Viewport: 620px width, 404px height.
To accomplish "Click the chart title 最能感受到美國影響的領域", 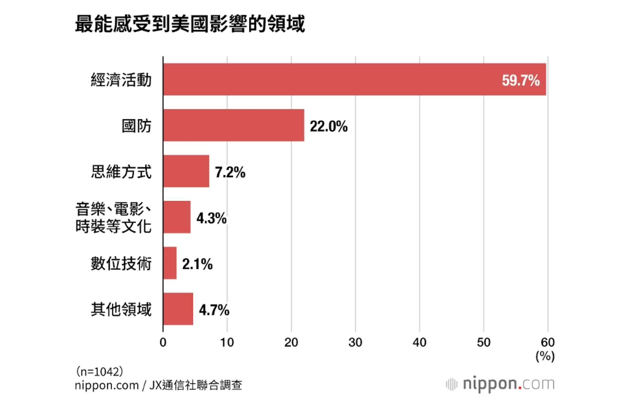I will tap(190, 24).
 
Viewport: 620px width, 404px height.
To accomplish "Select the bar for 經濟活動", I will tap(354, 80).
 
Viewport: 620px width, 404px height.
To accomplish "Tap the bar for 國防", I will tap(233, 125).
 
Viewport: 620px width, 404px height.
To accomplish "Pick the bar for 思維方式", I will tap(186, 171).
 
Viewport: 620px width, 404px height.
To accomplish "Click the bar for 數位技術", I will tap(170, 263).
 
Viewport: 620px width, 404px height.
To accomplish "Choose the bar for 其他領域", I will tap(178, 309).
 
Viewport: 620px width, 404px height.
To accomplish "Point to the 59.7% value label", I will tap(521, 80).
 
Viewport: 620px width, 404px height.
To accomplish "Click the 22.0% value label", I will tap(329, 126).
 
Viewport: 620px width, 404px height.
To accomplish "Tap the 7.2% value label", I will tap(230, 172).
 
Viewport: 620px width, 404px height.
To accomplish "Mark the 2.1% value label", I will tap(197, 264).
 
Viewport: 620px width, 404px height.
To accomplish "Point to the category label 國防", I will tap(136, 126).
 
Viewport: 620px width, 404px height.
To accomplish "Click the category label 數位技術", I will tap(121, 263).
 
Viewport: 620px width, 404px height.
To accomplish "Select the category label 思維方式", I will tap(121, 172).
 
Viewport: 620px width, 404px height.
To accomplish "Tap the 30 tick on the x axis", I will tap(355, 342).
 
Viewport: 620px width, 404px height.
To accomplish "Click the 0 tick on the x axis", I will tap(163, 342).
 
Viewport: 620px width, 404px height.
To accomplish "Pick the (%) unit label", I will tap(545, 356).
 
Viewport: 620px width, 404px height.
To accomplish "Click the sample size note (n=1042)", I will tap(99, 371).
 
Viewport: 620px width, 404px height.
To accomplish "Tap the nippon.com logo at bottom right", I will tap(500, 384).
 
